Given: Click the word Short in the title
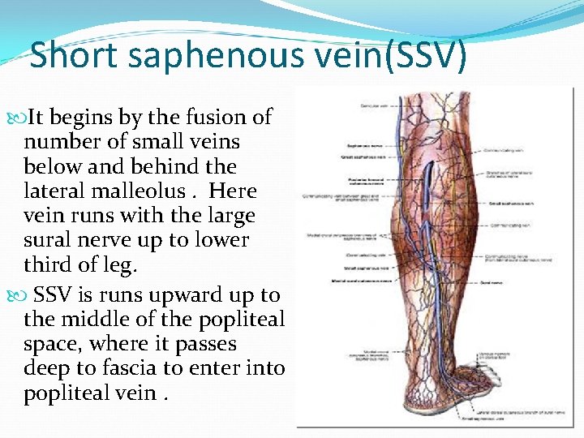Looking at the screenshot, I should [x=75, y=57].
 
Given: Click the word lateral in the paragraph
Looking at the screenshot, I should [x=52, y=191].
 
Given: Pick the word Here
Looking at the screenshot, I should [x=233, y=191].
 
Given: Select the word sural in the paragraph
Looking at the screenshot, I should [x=47, y=240].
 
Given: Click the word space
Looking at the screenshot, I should [x=50, y=344].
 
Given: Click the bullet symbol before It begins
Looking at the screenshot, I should [x=19, y=118].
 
